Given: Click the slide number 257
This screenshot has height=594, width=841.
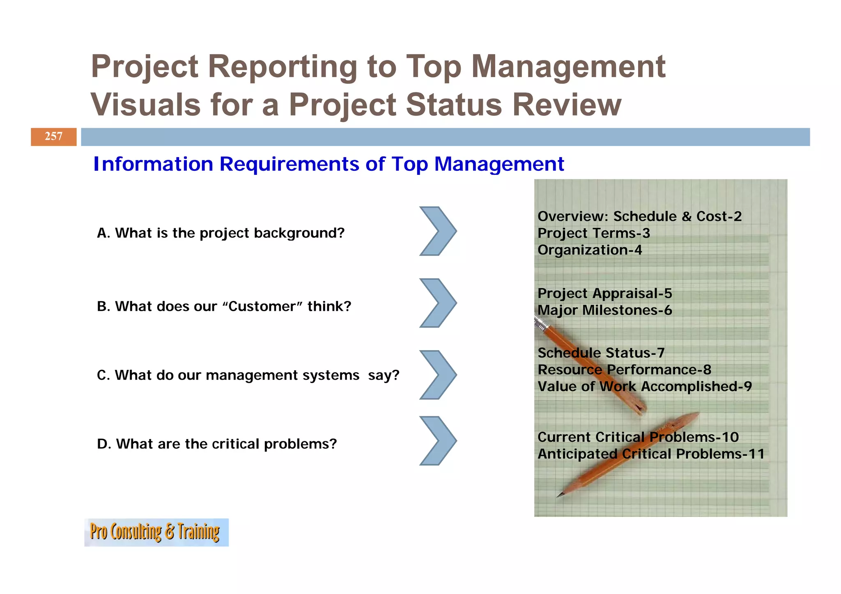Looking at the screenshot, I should [53, 137].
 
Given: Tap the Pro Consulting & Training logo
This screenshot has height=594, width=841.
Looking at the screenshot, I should [156, 532].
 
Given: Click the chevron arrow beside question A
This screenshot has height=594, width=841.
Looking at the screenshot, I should [438, 231].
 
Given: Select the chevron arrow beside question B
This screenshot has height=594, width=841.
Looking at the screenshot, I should [438, 303].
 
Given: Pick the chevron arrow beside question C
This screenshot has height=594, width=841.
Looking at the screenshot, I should [438, 375].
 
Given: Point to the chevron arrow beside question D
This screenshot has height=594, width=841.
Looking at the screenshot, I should [438, 441].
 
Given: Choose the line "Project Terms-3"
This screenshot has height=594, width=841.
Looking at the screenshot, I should [594, 233].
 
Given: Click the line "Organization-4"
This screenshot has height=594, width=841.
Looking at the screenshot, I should [590, 250].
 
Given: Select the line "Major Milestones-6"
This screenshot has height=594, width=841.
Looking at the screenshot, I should [605, 310].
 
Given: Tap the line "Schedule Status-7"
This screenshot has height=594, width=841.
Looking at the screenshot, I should [601, 353].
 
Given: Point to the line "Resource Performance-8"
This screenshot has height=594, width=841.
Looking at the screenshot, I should [624, 370].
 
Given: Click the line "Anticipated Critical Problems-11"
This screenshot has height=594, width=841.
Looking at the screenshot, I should [651, 454].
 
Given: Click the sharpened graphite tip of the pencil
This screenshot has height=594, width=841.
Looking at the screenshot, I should [559, 496].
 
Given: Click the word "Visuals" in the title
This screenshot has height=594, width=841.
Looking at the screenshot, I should [146, 105].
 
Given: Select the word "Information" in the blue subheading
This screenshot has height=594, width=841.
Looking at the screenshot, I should [153, 164].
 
